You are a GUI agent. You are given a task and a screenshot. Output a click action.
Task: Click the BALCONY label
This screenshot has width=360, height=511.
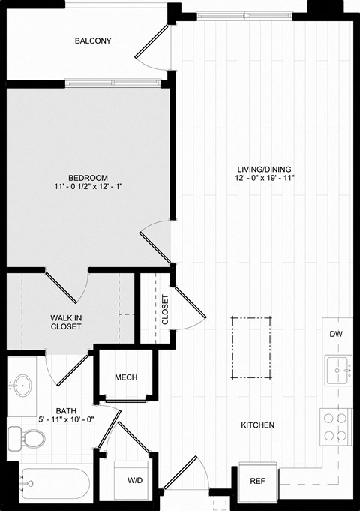click(93, 41)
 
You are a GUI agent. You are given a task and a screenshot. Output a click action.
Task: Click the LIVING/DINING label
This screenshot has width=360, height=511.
click(262, 168)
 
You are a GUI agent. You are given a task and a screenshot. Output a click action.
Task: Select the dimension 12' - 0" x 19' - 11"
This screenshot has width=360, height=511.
click(262, 179)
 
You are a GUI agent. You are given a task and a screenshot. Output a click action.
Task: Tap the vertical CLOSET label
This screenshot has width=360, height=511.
click(165, 308)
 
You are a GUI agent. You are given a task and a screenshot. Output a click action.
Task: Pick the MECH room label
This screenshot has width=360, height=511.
click(125, 377)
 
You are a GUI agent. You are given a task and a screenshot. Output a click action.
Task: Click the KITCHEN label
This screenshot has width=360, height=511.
click(257, 425)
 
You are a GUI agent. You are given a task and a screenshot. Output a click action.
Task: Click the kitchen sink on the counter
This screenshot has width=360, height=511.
click(339, 370)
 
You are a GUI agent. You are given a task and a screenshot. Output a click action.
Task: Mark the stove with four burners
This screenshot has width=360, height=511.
click(336, 427)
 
